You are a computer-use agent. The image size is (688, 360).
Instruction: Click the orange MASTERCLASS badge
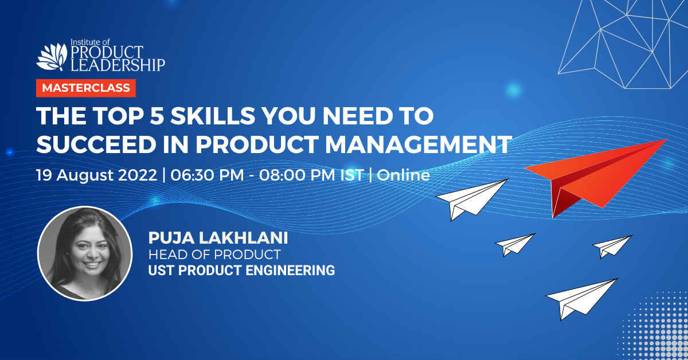click(x=85, y=88)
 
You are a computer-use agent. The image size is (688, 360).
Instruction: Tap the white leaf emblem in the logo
click(x=52, y=57)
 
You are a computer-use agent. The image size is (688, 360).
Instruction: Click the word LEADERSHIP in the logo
click(x=118, y=65)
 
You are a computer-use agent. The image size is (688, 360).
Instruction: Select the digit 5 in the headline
click(x=157, y=116)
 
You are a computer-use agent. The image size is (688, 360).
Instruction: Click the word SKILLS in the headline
click(x=213, y=116)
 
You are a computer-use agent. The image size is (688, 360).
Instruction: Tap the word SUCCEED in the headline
click(x=96, y=144)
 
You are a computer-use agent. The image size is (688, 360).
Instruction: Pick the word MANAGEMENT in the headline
click(x=419, y=144)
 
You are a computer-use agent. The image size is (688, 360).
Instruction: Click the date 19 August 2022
click(x=97, y=175)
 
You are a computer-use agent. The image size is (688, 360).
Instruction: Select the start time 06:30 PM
click(x=207, y=175)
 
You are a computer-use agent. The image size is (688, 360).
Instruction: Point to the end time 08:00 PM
click(x=297, y=175)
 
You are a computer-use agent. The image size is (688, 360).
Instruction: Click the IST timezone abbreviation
click(x=351, y=175)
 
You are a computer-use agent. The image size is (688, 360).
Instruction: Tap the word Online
click(x=403, y=175)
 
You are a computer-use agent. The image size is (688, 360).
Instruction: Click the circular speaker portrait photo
click(x=85, y=253)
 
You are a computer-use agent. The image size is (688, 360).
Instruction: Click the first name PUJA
click(x=171, y=238)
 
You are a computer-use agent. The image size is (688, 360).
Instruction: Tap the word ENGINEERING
click(x=290, y=271)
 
